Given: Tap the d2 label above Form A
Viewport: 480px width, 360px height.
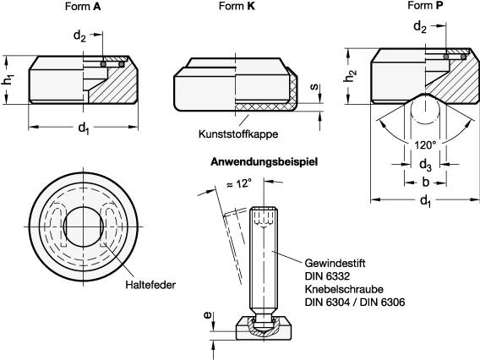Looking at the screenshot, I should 79,36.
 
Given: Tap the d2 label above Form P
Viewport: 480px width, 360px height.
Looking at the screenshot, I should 420,27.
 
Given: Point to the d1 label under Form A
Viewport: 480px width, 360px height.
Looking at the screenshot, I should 83,128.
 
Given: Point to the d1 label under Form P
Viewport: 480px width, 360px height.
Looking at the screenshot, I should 425,202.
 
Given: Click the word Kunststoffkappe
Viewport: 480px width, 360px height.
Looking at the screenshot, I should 238,134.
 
